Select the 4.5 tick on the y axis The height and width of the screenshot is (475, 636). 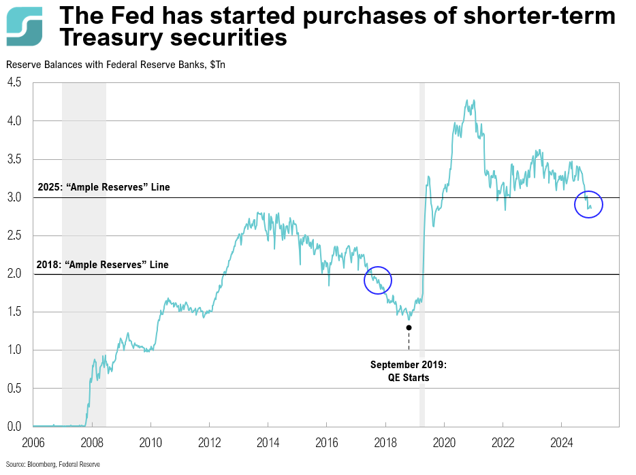(14, 83)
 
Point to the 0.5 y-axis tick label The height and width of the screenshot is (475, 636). (14, 389)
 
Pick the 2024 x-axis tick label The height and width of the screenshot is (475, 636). (561, 441)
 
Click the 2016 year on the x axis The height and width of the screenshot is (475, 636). (326, 441)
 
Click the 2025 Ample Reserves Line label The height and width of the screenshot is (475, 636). (104, 187)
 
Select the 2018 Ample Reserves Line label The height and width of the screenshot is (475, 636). (103, 265)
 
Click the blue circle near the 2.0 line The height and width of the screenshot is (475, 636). (378, 280)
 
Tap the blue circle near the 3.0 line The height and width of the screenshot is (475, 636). (588, 203)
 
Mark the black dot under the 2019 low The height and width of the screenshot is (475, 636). (409, 327)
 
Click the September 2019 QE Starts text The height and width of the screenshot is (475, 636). (409, 371)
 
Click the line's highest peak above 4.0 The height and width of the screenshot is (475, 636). (473, 100)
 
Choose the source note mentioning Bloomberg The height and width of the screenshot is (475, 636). (52, 464)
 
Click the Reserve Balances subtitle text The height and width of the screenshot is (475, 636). (116, 65)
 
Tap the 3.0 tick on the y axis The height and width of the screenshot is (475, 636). (14, 198)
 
